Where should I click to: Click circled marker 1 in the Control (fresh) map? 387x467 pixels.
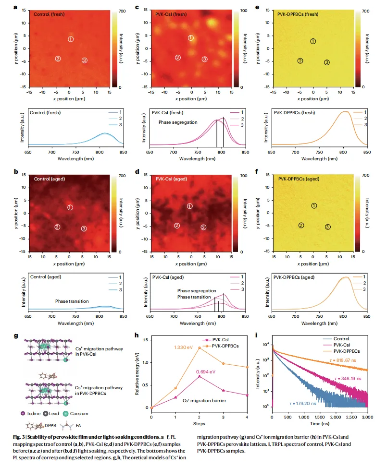pos(71,39)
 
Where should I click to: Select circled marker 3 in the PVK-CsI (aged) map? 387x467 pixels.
pos(203,227)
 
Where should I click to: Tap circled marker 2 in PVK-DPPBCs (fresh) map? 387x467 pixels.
pos(300,61)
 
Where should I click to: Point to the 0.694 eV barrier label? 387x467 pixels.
pos(205,371)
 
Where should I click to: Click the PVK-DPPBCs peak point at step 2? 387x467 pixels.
pos(199,348)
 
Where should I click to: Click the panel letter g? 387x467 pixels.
pos(30,335)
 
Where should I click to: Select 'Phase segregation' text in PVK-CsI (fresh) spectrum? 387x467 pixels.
pos(178,122)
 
